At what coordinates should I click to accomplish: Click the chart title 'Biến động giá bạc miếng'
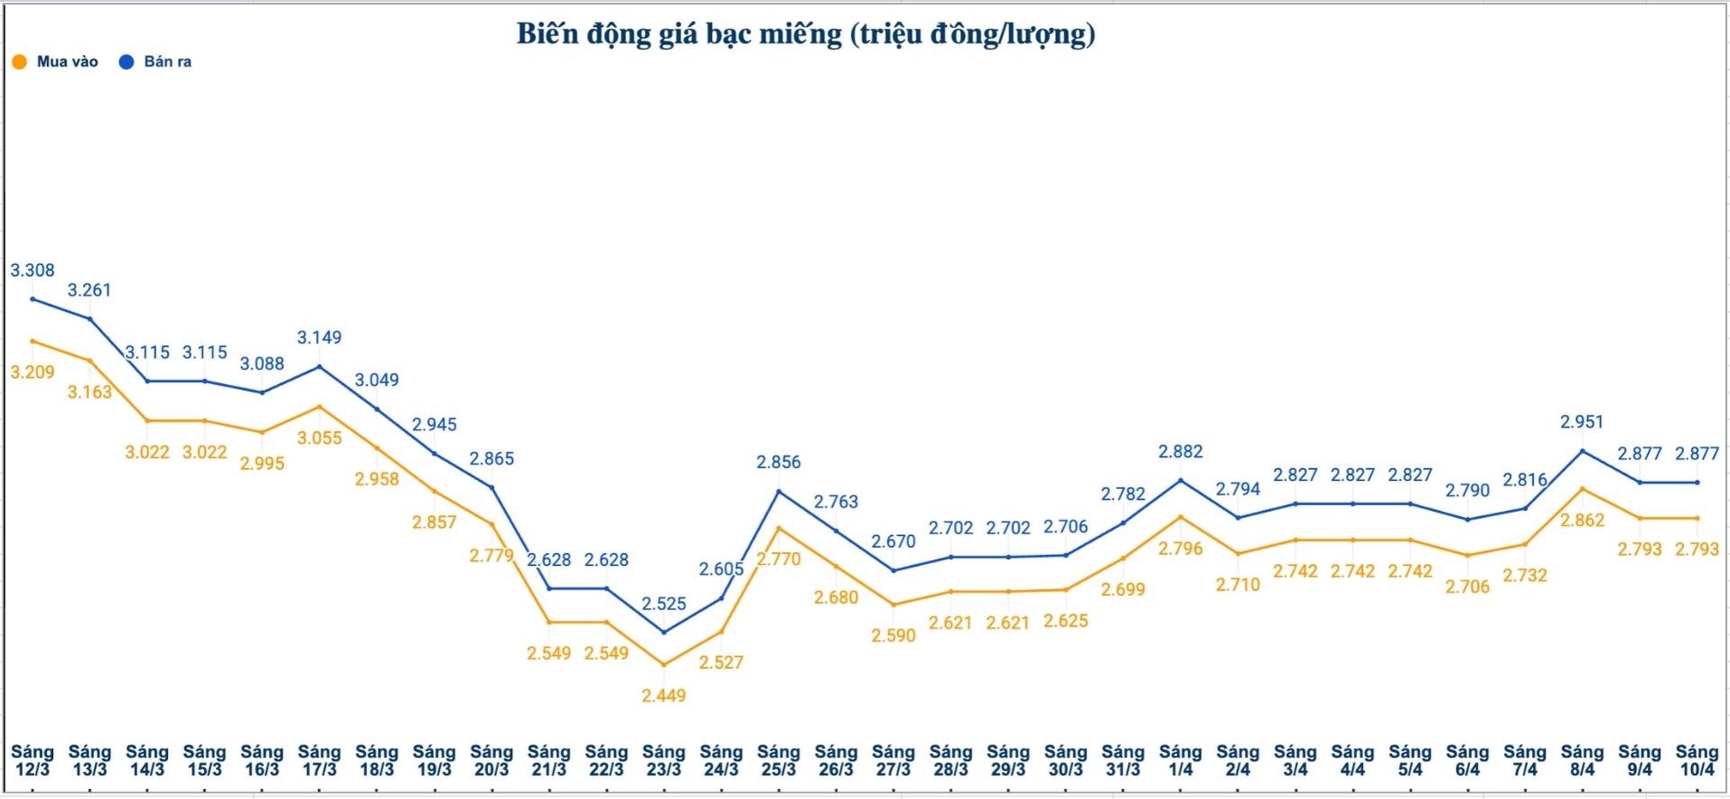805,34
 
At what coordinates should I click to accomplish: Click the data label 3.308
33,270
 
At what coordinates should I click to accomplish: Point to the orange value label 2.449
664,696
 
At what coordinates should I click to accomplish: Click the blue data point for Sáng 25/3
779,491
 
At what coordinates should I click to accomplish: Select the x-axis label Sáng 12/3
33,760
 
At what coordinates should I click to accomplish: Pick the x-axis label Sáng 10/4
1697,760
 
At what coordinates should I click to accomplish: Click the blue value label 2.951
1582,422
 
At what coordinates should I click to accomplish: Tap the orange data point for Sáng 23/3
664,664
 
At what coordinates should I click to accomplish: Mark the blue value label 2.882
1181,452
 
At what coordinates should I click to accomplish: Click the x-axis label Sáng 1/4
1181,760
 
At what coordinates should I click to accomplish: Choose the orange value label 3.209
33,372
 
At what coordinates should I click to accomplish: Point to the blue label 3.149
320,338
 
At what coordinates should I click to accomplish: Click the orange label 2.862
1582,521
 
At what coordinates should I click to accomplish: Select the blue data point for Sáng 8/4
1582,450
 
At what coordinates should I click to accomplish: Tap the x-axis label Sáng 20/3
491,760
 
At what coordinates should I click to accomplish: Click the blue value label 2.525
664,604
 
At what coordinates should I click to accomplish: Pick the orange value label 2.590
893,635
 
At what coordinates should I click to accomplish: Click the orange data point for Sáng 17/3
319,407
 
